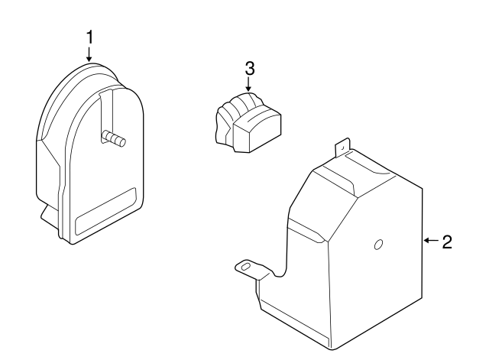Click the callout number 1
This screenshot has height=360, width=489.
point(89,37)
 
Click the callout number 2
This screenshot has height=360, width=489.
point(448,242)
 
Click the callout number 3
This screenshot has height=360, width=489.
point(249,68)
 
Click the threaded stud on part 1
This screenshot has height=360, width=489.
point(114,138)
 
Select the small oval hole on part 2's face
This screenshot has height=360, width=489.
point(377,245)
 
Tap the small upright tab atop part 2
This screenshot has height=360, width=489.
point(343,145)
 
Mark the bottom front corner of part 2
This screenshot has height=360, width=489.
point(334,349)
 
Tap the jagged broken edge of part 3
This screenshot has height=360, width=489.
point(219,126)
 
